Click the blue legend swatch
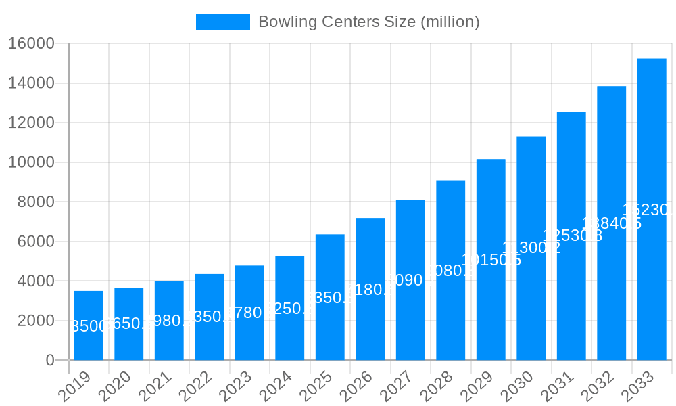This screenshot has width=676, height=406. [x=222, y=22]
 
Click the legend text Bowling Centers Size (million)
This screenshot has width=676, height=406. [x=368, y=22]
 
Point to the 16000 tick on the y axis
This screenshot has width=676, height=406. [x=31, y=44]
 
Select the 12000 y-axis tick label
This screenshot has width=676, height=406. [x=31, y=123]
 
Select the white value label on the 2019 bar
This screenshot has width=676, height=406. [x=90, y=326]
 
